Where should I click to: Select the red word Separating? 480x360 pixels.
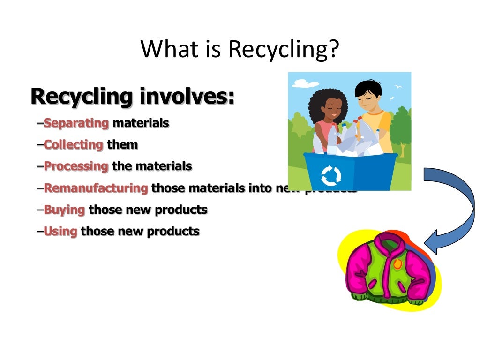[x=76, y=123]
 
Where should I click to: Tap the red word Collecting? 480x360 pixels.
[x=73, y=144]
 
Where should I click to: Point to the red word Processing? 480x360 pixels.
[x=76, y=166]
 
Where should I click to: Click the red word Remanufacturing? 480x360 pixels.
[x=96, y=188]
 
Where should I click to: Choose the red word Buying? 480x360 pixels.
[x=64, y=210]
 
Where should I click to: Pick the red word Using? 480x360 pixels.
[x=60, y=231]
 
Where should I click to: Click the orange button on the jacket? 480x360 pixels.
[x=398, y=264]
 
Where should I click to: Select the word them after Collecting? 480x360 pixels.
[x=122, y=144]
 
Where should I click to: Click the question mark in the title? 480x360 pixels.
[x=332, y=50]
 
